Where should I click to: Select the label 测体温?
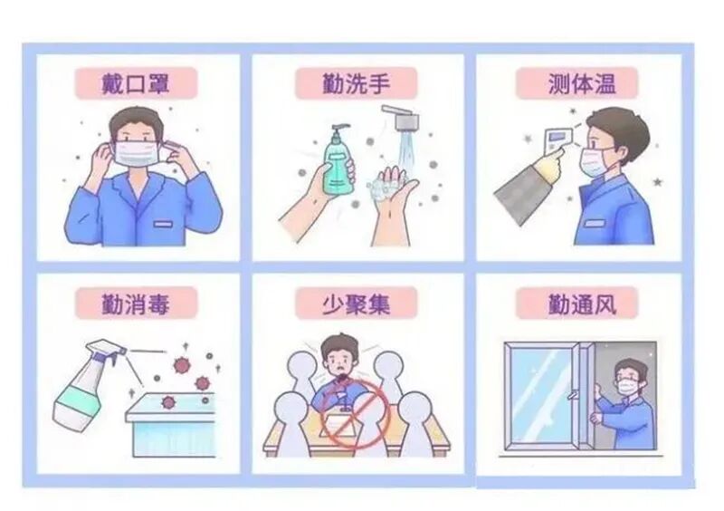[x=579, y=83]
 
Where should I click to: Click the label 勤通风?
[x=579, y=303]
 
